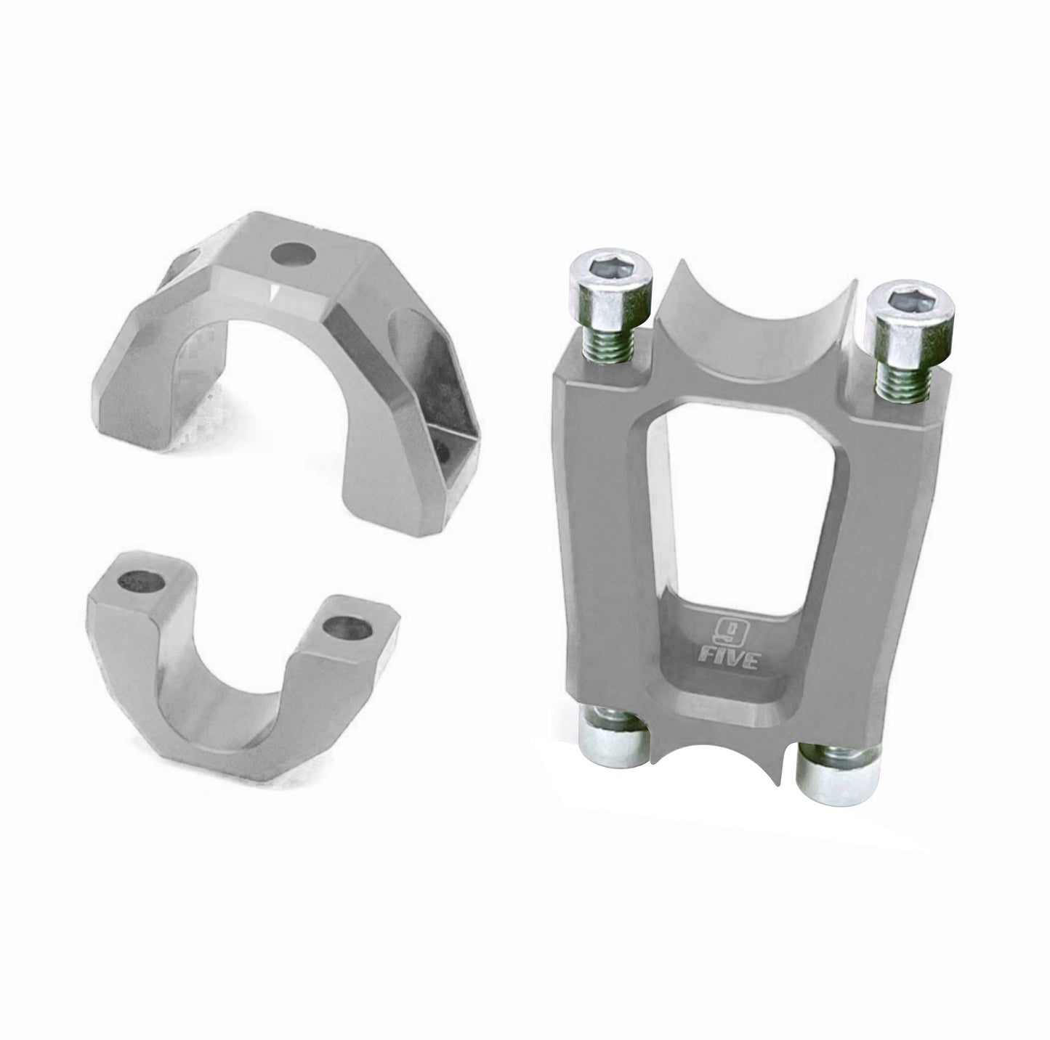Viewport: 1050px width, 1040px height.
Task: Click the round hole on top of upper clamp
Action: pyautogui.click(x=294, y=254)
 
